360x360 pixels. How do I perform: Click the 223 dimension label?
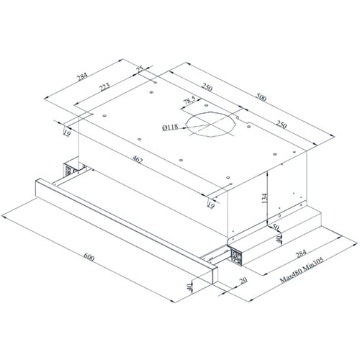tap(104, 87)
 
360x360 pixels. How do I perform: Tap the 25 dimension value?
tap(140, 69)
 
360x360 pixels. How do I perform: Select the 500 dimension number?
tap(261, 97)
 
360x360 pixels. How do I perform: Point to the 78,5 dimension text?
tap(189, 101)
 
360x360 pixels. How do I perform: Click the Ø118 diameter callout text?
tap(170, 127)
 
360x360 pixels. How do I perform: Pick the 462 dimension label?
tap(137, 160)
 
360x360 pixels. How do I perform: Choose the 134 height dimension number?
tap(264, 198)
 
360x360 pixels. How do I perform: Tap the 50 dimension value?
tap(275, 227)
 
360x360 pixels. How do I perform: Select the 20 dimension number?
tap(243, 280)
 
